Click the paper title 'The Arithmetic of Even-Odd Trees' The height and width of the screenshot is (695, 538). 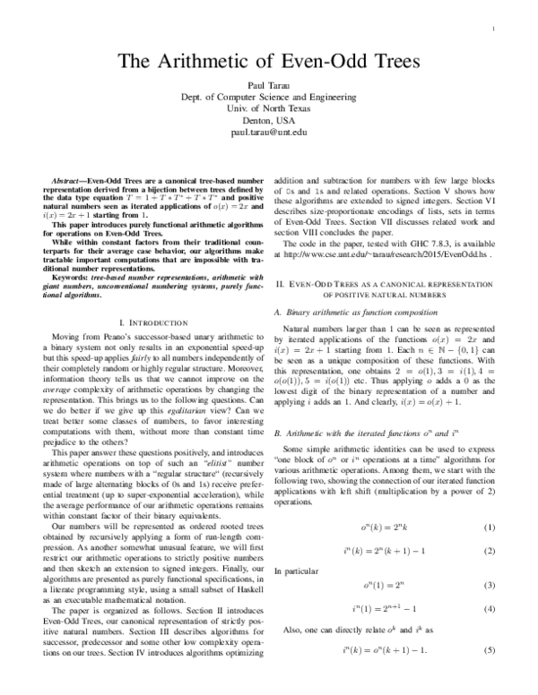tap(268, 62)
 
